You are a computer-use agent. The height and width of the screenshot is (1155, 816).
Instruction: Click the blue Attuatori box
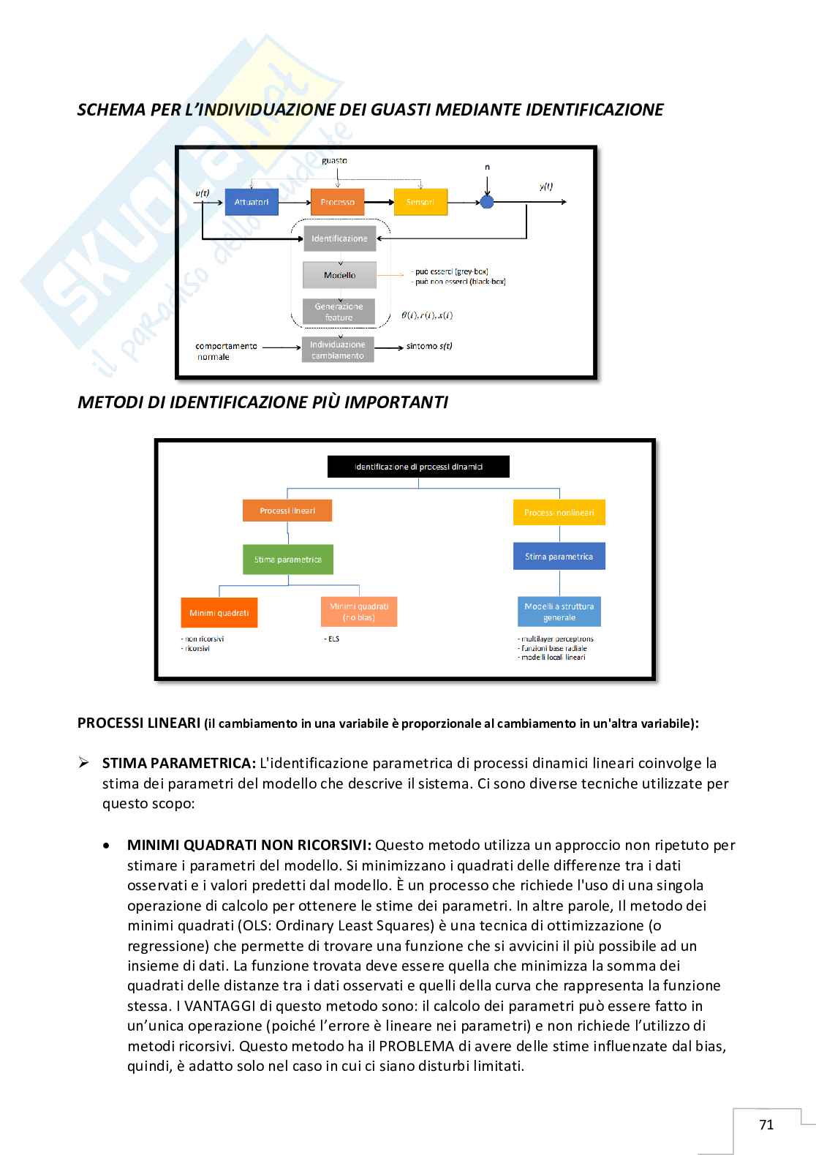(x=252, y=202)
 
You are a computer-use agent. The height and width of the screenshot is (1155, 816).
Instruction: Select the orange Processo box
(x=337, y=202)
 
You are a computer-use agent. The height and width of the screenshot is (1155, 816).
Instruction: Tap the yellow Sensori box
(x=420, y=202)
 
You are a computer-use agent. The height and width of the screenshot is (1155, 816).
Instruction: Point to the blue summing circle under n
(x=487, y=202)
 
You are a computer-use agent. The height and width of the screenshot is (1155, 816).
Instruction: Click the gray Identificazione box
(x=339, y=238)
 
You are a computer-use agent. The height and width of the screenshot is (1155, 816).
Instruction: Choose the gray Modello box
(x=339, y=275)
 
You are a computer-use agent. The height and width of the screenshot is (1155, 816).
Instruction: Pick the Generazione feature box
(x=339, y=312)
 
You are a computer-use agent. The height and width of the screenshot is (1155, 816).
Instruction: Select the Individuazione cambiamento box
(x=338, y=350)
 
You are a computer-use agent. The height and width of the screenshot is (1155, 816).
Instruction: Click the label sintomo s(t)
(x=429, y=346)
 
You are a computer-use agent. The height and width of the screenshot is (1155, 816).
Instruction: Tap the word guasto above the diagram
(x=335, y=160)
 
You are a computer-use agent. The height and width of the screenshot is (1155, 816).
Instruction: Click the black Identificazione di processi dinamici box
(x=418, y=467)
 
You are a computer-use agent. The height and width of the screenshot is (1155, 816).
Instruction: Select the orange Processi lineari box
(x=287, y=511)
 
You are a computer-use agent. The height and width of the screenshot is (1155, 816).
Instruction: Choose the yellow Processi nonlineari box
(x=559, y=513)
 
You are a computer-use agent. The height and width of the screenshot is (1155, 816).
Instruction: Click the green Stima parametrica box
(x=288, y=560)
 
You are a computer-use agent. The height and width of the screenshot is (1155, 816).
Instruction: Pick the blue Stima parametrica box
(x=559, y=557)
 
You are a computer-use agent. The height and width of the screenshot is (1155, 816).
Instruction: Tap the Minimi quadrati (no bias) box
(x=359, y=612)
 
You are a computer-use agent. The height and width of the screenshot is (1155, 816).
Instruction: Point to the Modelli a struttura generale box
(x=559, y=612)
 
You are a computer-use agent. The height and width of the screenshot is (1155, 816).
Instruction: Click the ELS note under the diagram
(x=333, y=639)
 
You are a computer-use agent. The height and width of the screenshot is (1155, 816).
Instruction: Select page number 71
(x=766, y=1125)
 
